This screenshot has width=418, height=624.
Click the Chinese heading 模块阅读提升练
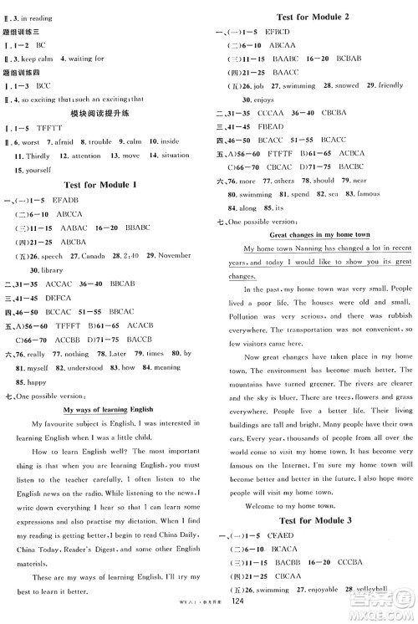pyautogui.click(x=103, y=112)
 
